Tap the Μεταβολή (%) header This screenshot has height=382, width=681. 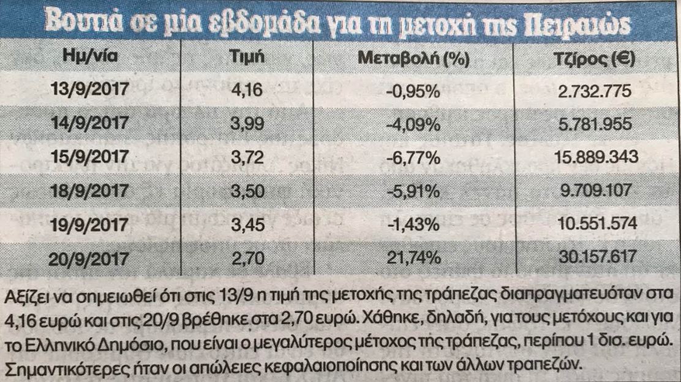click(x=413, y=59)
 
